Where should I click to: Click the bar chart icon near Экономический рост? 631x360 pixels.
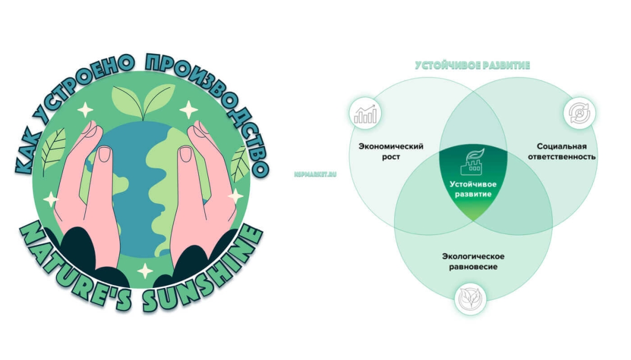click(x=365, y=114)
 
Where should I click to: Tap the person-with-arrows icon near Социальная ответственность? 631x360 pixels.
click(x=579, y=113)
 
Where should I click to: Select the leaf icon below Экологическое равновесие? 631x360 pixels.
click(x=470, y=298)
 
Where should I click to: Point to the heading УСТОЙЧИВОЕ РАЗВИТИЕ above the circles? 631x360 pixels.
click(x=472, y=65)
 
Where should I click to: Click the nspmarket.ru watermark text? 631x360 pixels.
click(x=315, y=174)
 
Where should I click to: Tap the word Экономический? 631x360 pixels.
click(x=391, y=147)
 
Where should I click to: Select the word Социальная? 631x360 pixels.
click(x=562, y=146)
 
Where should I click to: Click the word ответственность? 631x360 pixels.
click(x=562, y=157)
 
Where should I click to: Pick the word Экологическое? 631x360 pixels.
click(x=473, y=256)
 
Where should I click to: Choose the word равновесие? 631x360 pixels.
click(x=473, y=267)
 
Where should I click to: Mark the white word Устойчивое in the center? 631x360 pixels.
click(x=473, y=184)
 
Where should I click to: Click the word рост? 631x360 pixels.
click(x=391, y=157)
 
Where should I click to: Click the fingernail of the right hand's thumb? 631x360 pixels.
click(x=185, y=154)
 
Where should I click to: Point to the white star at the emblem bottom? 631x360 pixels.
click(x=145, y=271)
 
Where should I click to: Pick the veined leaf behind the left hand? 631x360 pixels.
click(x=53, y=151)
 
